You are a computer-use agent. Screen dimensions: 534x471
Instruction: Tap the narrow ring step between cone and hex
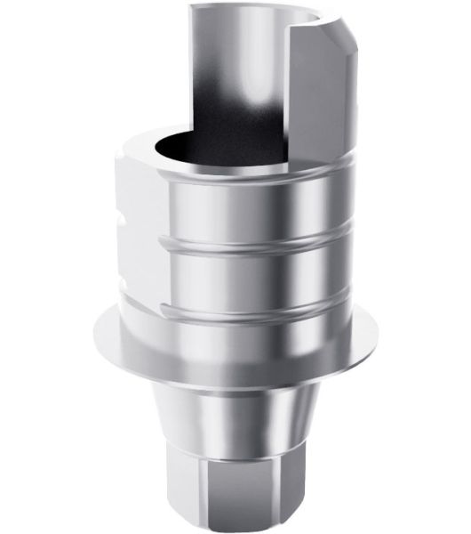click(x=235, y=445)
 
